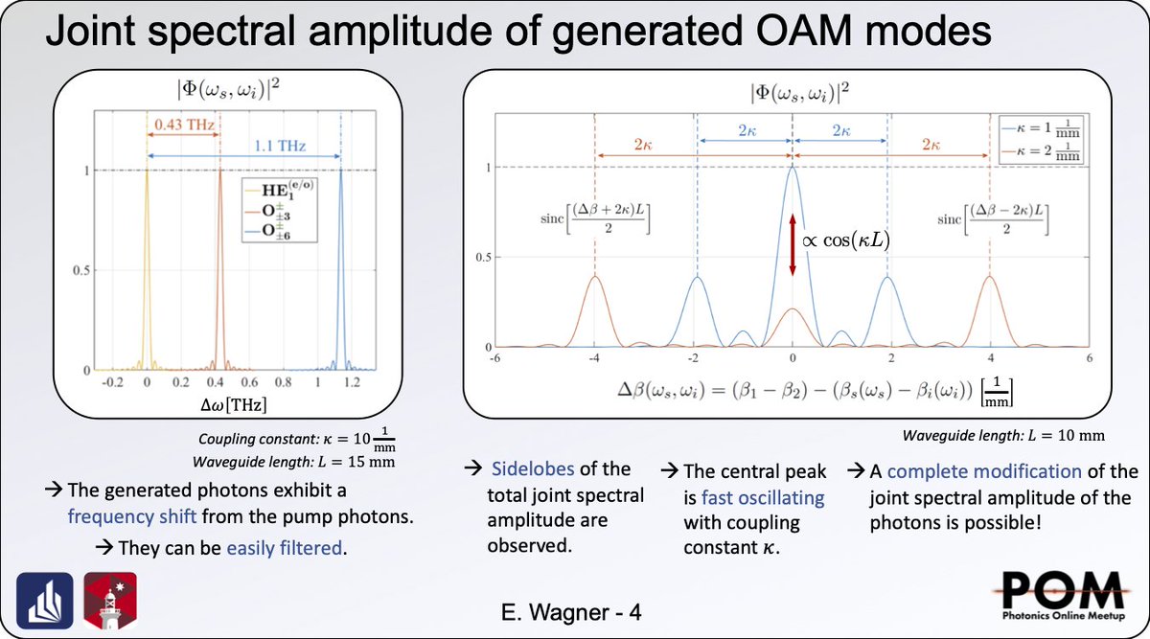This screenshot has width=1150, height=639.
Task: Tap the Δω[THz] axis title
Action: pyautogui.click(x=228, y=404)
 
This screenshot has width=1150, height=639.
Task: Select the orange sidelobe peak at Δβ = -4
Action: pyautogui.click(x=595, y=278)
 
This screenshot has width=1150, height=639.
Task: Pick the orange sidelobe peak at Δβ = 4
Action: pyautogui.click(x=989, y=278)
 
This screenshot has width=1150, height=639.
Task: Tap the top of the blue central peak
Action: pyautogui.click(x=793, y=170)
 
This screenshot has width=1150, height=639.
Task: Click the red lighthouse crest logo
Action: pyautogui.click(x=110, y=598)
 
